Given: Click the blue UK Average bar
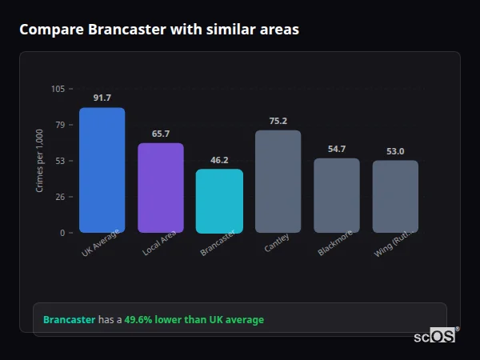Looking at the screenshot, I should (102, 170).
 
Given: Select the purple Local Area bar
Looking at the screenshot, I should (161, 188).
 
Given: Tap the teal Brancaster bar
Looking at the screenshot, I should (219, 201).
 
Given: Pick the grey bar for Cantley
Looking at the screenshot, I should (278, 182).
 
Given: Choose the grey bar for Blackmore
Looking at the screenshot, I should (337, 195).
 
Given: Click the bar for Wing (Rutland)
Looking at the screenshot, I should (395, 197).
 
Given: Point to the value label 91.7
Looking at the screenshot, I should (102, 98).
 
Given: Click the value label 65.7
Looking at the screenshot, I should (161, 134).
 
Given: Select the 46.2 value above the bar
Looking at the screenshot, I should (219, 160).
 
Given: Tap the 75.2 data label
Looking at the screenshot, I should (278, 121).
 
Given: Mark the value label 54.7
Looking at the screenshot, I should (337, 149).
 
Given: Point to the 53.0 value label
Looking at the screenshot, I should (395, 151).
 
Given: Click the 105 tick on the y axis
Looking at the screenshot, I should (58, 89).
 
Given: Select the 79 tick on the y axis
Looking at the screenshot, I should (61, 125).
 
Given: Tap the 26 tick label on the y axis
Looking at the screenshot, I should (61, 197).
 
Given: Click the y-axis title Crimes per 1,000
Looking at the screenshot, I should (40, 161).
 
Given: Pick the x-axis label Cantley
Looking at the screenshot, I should (277, 243).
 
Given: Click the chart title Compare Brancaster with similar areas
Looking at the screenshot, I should (159, 30).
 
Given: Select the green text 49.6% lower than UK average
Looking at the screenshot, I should (194, 319).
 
